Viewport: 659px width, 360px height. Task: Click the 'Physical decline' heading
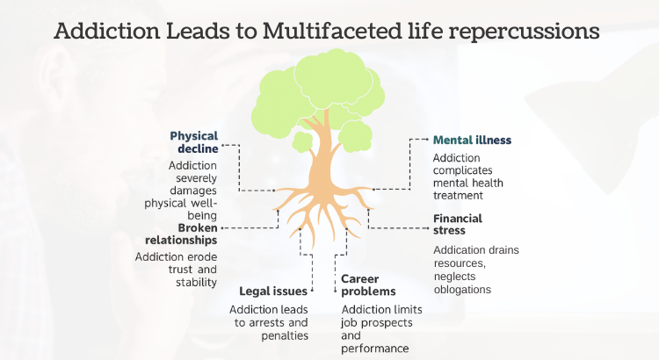point(193,142)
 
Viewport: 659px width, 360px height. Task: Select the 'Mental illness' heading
point(472,140)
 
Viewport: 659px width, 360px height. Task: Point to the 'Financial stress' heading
point(458,225)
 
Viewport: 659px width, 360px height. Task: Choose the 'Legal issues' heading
point(273,291)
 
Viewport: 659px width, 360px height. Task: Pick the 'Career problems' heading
point(368,284)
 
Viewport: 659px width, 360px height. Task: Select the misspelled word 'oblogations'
point(461,289)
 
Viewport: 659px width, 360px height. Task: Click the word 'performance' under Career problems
point(375,348)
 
